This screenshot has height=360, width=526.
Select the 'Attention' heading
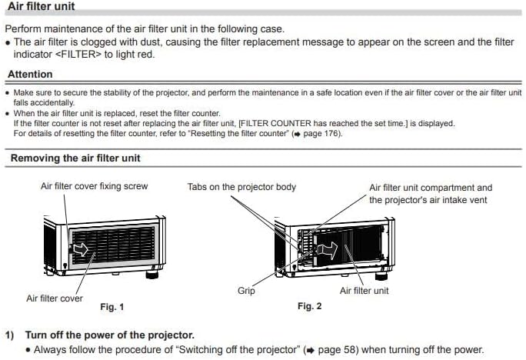(30, 75)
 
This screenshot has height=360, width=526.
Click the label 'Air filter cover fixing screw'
(94, 186)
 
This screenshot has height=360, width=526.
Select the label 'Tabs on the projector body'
(241, 187)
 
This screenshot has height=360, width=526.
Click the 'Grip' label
(246, 291)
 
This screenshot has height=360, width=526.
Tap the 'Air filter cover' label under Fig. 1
(55, 298)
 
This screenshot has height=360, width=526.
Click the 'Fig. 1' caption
(112, 307)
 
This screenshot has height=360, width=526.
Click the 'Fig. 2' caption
(309, 306)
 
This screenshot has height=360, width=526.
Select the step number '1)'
(10, 335)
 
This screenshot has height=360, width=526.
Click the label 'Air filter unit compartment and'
(431, 187)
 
